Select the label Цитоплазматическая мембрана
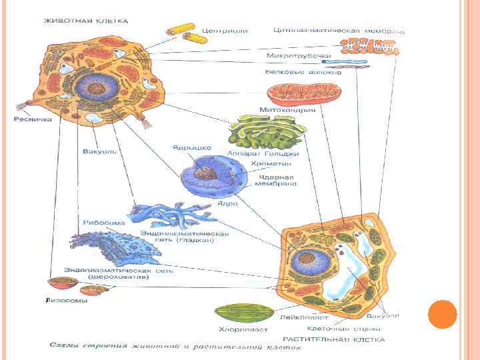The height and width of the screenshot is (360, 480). pos(339,31)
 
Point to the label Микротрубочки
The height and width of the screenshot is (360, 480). pos(299,56)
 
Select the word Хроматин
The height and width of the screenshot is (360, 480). pos(268,163)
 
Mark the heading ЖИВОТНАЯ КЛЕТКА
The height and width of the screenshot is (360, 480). pos(86,21)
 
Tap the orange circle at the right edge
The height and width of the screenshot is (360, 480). pos(441,315)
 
